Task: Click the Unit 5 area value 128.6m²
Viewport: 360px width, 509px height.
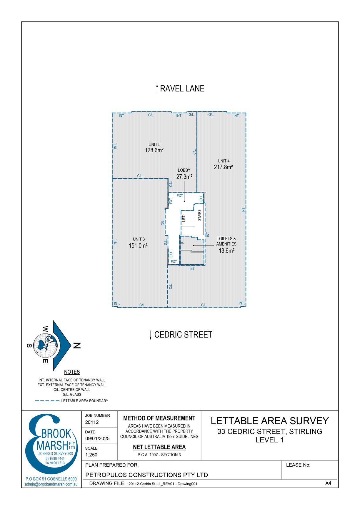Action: (x=154, y=150)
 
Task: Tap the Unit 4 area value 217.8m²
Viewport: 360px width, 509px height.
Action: (x=224, y=167)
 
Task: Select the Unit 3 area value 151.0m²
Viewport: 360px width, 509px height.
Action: (x=138, y=246)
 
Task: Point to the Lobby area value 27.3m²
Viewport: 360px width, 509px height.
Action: (x=184, y=177)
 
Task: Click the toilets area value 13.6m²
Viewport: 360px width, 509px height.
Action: (x=226, y=251)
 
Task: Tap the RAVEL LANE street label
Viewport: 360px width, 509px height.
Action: (x=182, y=89)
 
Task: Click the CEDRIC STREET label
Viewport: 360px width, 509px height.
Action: (x=183, y=335)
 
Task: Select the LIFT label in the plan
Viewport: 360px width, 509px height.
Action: (x=184, y=218)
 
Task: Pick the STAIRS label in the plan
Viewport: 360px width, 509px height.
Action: (x=199, y=215)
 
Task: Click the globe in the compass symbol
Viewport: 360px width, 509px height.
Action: (x=45, y=346)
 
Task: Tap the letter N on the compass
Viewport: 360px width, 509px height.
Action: (x=76, y=346)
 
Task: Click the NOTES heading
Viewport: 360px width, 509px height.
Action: (x=72, y=372)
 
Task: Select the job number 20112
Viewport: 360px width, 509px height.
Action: (x=92, y=422)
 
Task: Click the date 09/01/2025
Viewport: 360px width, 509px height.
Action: (x=97, y=438)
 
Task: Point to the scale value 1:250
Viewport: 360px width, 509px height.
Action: (x=91, y=455)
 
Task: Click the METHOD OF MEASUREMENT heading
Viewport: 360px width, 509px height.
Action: (x=159, y=418)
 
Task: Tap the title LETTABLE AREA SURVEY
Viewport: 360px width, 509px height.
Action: (x=270, y=421)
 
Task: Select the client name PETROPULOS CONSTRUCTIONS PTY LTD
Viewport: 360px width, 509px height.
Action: (x=146, y=475)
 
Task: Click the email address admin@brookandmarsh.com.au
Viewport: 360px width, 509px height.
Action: (x=51, y=484)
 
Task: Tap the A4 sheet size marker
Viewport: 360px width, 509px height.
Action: (x=328, y=483)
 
